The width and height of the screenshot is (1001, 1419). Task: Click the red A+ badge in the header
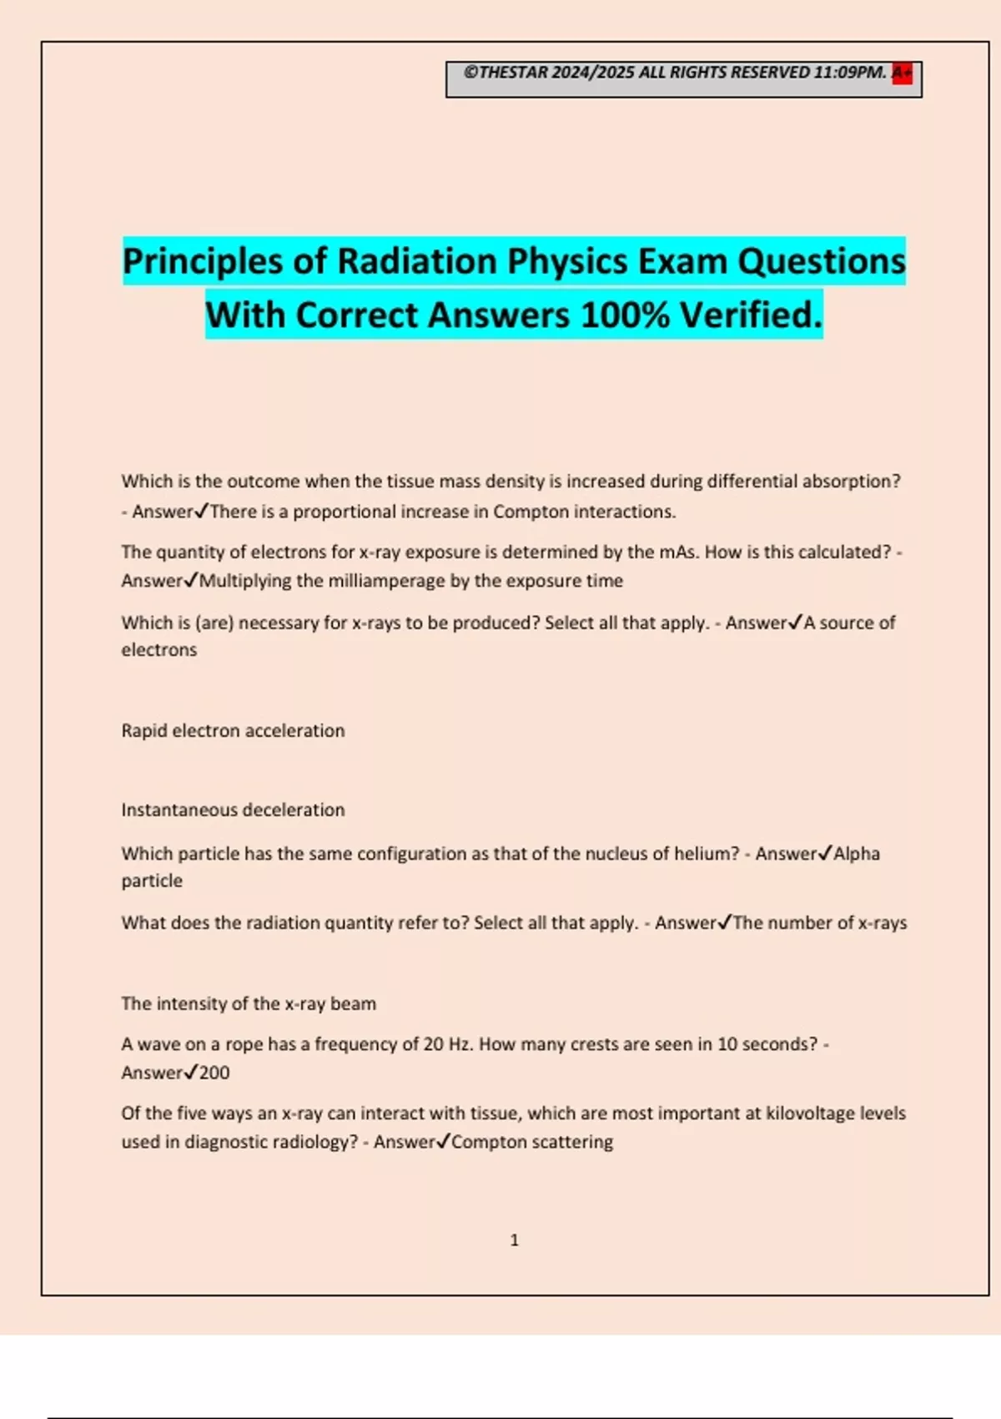[902, 73]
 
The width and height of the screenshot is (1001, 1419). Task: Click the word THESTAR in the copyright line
[514, 73]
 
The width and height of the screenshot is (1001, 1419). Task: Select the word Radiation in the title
[417, 261]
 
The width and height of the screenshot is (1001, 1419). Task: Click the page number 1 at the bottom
[514, 1240]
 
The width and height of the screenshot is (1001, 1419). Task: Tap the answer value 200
[214, 1073]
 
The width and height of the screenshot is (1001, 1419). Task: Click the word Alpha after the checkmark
[857, 854]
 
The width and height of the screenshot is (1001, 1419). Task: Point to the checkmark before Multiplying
[191, 580]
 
